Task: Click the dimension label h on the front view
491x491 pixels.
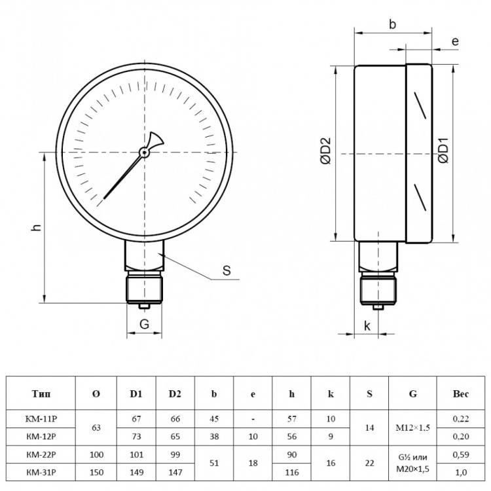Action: tap(37, 227)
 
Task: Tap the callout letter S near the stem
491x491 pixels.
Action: tap(227, 270)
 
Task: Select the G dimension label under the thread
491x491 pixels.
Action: tap(144, 324)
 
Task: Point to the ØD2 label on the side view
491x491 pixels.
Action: tap(325, 151)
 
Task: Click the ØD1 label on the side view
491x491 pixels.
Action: tap(443, 151)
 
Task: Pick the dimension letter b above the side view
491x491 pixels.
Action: tap(392, 24)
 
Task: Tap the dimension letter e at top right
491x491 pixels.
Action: tap(455, 41)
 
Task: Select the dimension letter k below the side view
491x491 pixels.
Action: tap(367, 325)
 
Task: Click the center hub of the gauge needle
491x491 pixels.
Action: tap(144, 153)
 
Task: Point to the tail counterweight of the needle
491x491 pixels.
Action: tap(156, 140)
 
